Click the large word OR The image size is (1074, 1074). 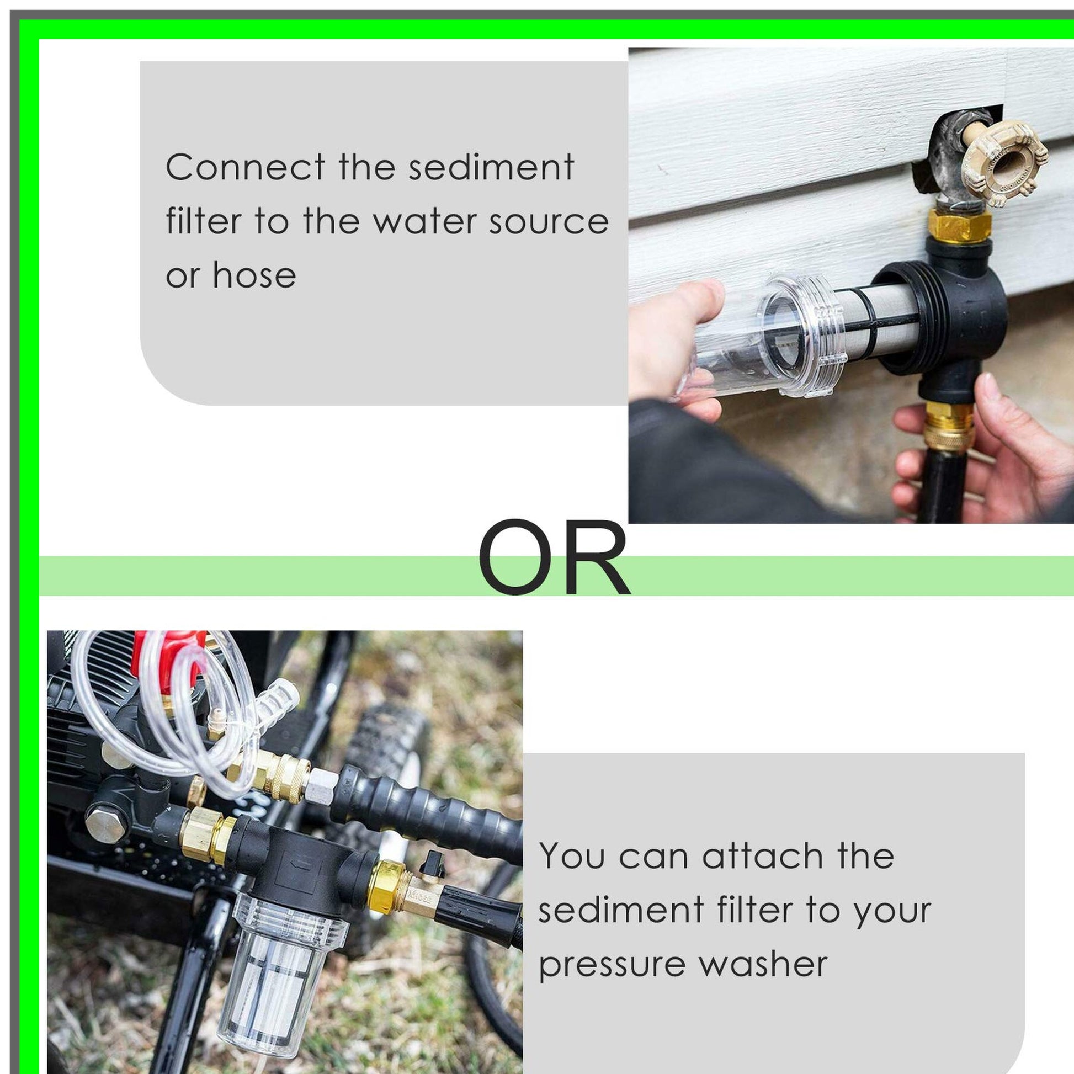tap(554, 557)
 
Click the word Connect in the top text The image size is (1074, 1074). tap(246, 167)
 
